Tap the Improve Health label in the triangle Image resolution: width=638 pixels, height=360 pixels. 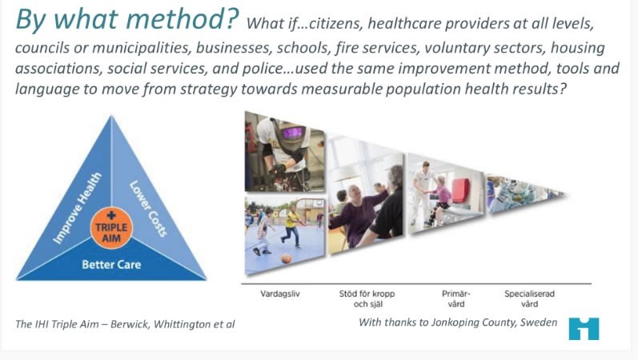(78, 207)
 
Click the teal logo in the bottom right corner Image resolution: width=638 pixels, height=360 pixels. (584, 328)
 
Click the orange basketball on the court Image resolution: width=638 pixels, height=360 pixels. (286, 258)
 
